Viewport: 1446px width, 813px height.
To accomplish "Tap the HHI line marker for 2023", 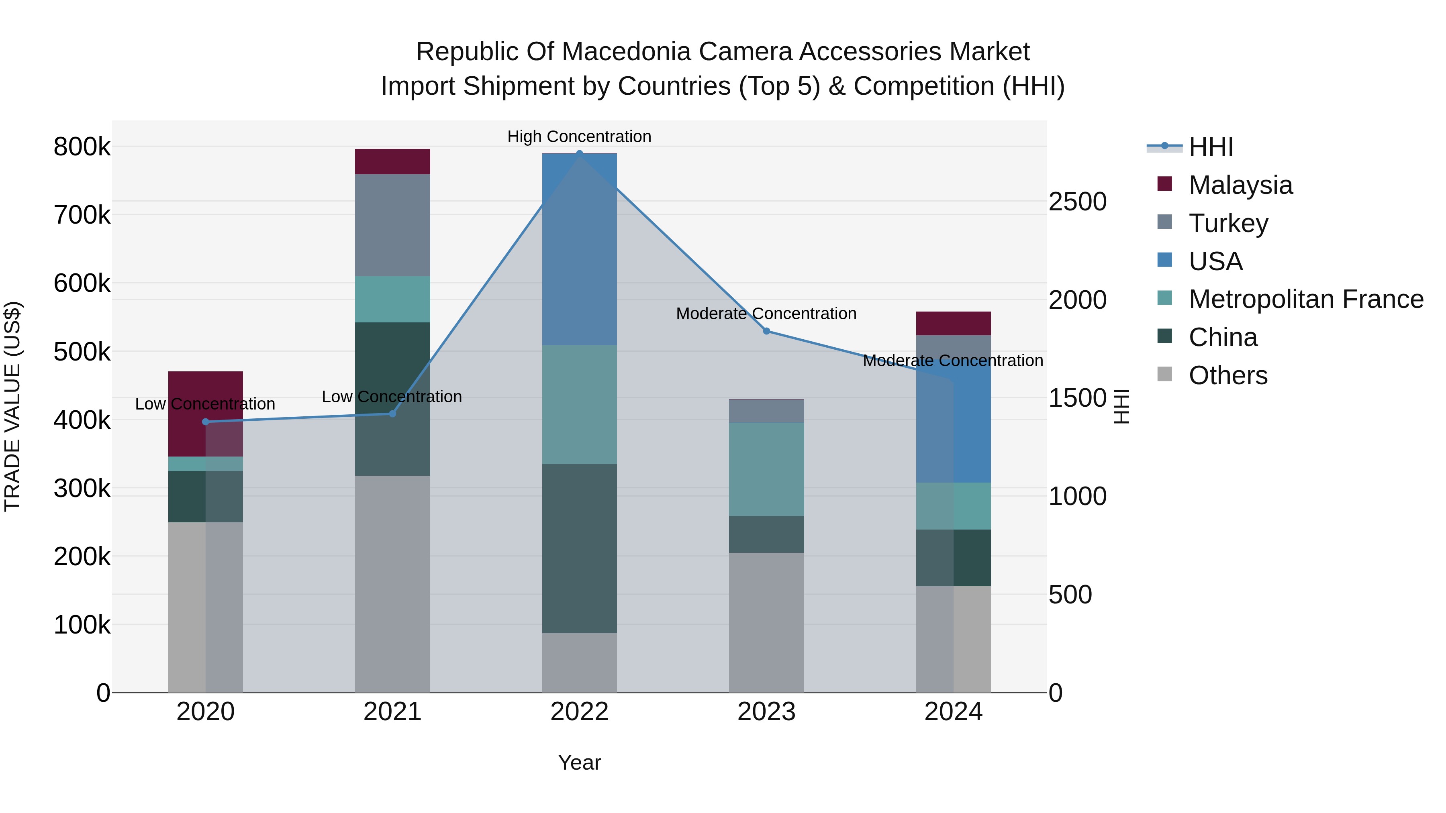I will (766, 331).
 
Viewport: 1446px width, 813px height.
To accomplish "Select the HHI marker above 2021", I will (392, 414).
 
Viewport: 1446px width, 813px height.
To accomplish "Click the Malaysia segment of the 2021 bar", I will (392, 161).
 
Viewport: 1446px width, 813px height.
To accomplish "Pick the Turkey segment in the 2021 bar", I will (392, 224).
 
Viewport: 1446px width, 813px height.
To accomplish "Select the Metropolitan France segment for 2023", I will (766, 469).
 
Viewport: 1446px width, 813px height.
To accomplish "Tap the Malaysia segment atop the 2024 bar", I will (953, 323).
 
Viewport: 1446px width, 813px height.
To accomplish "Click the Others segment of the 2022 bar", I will (579, 662).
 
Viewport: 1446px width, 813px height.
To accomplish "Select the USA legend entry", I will (1215, 261).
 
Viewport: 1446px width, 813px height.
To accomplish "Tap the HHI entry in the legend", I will (1210, 147).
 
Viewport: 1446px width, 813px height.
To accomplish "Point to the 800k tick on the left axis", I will (82, 147).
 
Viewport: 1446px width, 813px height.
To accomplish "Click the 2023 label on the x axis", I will (766, 712).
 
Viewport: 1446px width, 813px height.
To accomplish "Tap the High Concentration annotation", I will (579, 137).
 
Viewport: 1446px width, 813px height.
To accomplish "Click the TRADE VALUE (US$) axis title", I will (12, 406).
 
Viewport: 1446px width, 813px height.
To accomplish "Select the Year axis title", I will (579, 762).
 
